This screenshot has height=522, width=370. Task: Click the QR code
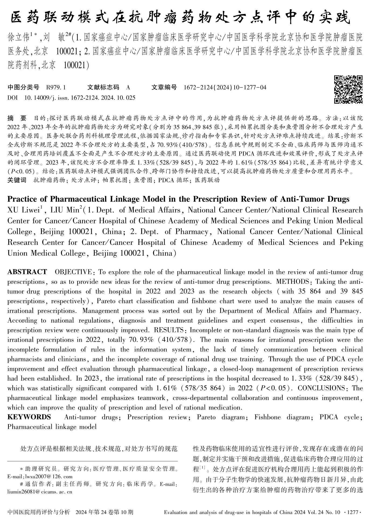348,89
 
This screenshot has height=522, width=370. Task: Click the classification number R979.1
56,87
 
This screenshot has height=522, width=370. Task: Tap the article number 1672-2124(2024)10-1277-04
225,87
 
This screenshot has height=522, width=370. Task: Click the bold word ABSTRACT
27,272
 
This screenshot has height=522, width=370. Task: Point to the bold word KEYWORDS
29,417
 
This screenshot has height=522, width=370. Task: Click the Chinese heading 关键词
17,180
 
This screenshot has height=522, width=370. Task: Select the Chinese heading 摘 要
17,118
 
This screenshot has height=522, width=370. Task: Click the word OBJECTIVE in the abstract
73,272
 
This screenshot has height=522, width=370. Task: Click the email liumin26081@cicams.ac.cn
40,492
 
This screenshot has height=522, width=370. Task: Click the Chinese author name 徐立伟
18,37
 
